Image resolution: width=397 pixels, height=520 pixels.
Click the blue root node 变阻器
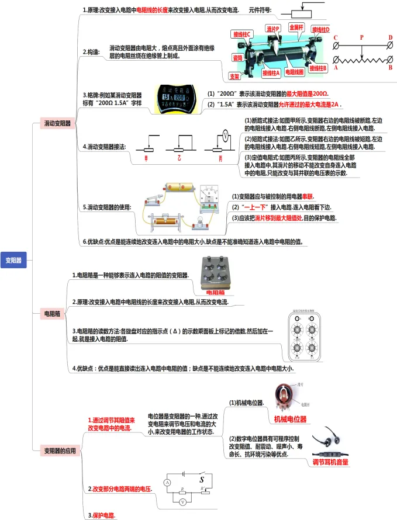[x=13, y=260]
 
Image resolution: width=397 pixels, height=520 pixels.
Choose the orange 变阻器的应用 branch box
[x=60, y=450]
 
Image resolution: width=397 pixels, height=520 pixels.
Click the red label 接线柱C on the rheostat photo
[x=241, y=34]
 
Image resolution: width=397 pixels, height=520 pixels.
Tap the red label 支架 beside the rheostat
[x=234, y=76]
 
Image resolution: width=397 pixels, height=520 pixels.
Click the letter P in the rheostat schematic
[x=362, y=37]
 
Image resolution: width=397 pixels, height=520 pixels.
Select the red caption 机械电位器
[x=290, y=420]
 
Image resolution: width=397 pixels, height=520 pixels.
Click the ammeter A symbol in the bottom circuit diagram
[x=167, y=483]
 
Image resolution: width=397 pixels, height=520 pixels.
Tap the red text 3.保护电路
[x=102, y=515]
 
